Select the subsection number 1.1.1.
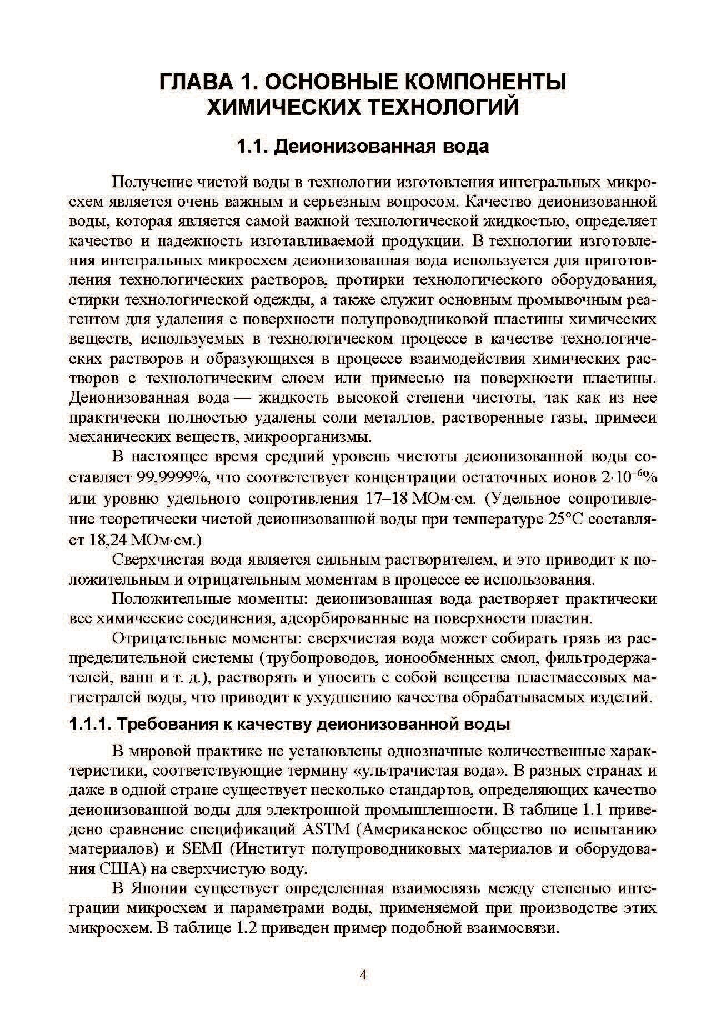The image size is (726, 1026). point(91,725)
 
